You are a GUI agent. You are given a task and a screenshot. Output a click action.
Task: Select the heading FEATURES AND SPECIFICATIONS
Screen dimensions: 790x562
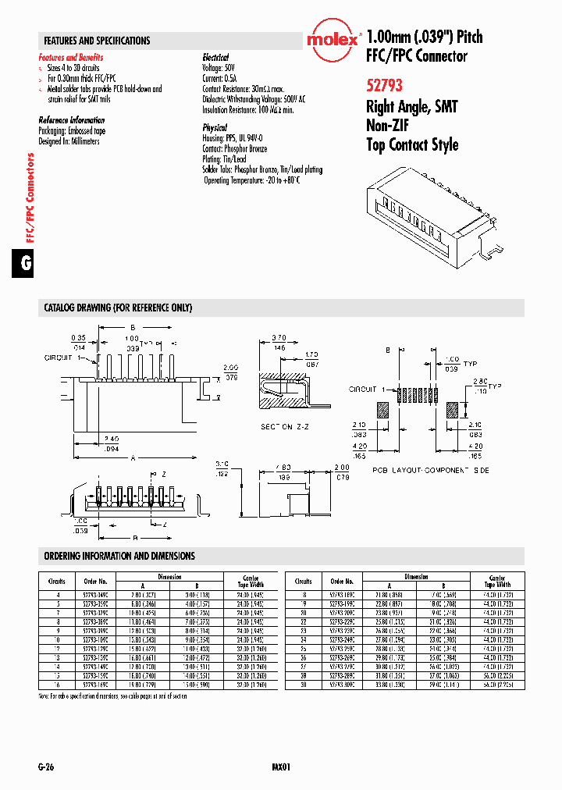[97, 41]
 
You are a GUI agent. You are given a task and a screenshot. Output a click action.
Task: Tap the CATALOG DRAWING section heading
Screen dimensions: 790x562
[118, 308]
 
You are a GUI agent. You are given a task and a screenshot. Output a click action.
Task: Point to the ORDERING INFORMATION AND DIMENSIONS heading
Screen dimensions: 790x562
[119, 556]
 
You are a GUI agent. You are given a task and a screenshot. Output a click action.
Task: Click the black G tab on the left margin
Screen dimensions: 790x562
[25, 264]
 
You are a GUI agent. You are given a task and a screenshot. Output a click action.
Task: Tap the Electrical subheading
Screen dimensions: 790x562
[215, 58]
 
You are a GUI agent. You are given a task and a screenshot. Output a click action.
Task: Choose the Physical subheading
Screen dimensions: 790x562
[215, 127]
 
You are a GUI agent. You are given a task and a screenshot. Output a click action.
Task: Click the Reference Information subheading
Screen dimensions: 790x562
[72, 120]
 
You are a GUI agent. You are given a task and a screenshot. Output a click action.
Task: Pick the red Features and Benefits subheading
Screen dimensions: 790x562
[71, 58]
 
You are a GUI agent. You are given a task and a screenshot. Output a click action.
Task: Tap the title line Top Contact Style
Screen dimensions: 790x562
[412, 144]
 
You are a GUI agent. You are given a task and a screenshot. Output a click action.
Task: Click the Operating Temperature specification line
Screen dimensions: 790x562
[252, 180]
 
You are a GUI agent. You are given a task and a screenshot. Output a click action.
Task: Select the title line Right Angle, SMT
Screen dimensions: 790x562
[411, 107]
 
